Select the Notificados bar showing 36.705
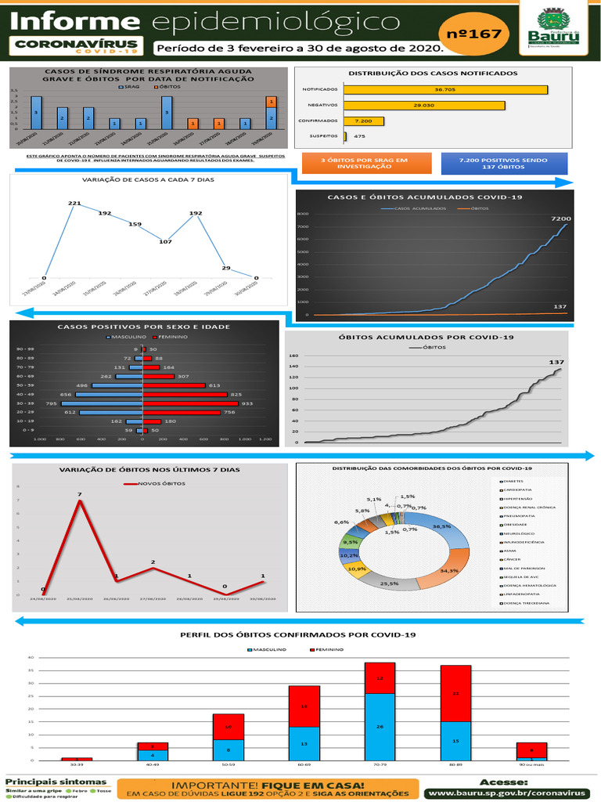pos(445,89)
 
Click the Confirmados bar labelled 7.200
pos(364,121)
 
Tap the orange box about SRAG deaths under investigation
pos(365,163)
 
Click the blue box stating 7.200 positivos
pos(504,163)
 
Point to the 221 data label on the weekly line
pos(74,204)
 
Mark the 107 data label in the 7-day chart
pos(165,241)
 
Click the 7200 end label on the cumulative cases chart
pos(562,219)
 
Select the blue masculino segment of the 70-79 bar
pos(380,726)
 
